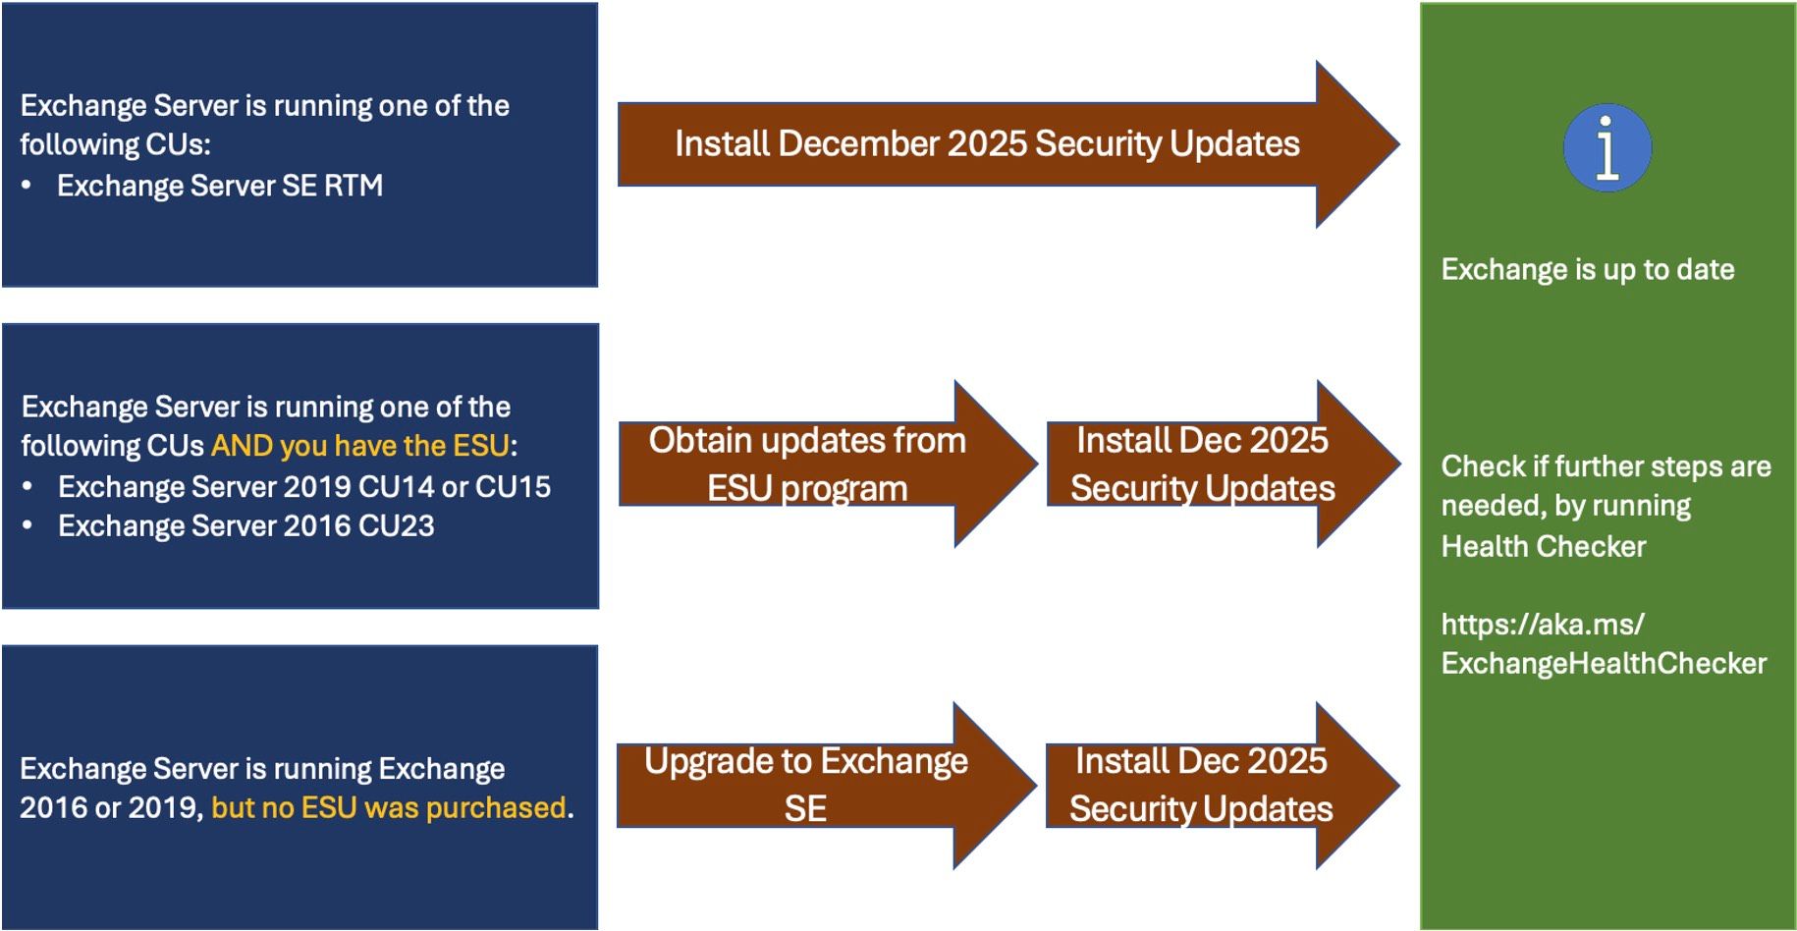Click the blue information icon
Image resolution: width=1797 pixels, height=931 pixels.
pyautogui.click(x=1606, y=148)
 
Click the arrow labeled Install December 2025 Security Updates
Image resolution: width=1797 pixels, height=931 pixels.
pyautogui.click(x=987, y=144)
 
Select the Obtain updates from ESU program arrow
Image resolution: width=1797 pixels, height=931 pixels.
pyautogui.click(x=807, y=464)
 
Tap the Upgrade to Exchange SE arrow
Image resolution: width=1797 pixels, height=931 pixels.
pyautogui.click(x=806, y=785)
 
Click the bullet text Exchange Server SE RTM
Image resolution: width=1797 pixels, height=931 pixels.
pyautogui.click(x=220, y=186)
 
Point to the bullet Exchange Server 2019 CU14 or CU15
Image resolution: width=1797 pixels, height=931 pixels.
pyautogui.click(x=304, y=486)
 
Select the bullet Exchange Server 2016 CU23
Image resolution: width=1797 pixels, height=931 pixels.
pyautogui.click(x=246, y=526)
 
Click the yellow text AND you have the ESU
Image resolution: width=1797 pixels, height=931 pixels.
pyautogui.click(x=360, y=446)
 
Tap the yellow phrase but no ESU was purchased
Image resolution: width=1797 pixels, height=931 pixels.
pyautogui.click(x=389, y=807)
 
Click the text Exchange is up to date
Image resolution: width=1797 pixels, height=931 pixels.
pyautogui.click(x=1587, y=270)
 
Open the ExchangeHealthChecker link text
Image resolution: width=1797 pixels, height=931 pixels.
pyautogui.click(x=1603, y=664)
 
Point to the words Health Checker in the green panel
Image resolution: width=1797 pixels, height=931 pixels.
pyautogui.click(x=1543, y=546)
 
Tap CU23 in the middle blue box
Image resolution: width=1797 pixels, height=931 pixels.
pyautogui.click(x=397, y=526)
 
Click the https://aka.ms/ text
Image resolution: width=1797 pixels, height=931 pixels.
pyautogui.click(x=1542, y=624)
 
